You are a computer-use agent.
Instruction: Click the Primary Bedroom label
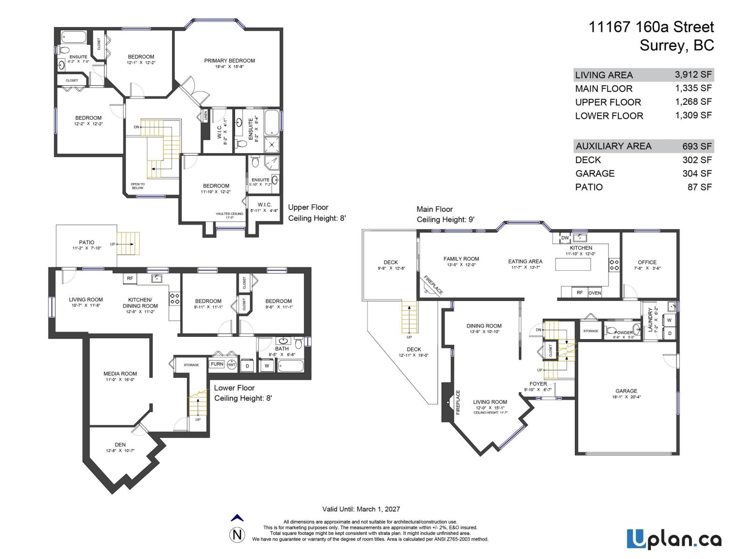click(229, 61)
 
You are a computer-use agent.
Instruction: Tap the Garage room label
click(626, 391)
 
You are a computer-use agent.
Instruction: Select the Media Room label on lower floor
click(120, 374)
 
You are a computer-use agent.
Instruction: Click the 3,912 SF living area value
click(693, 75)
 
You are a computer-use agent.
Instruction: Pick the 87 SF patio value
click(701, 187)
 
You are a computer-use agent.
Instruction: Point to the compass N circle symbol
click(237, 535)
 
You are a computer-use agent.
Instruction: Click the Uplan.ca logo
click(674, 539)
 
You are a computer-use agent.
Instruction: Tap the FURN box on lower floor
click(217, 364)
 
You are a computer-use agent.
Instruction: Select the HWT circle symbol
click(232, 365)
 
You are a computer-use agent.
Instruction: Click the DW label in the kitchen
click(565, 238)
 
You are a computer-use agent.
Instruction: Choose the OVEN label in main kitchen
click(594, 293)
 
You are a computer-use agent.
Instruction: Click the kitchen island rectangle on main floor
click(573, 264)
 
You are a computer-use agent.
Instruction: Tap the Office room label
click(647, 262)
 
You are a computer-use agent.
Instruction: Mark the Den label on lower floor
click(120, 445)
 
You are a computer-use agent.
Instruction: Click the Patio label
click(86, 242)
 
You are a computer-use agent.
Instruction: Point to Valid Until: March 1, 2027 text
click(361, 509)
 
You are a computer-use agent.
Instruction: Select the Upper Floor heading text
click(308, 207)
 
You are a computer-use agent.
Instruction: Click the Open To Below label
click(138, 186)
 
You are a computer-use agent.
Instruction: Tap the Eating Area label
click(525, 261)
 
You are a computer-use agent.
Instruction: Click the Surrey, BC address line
click(677, 46)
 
